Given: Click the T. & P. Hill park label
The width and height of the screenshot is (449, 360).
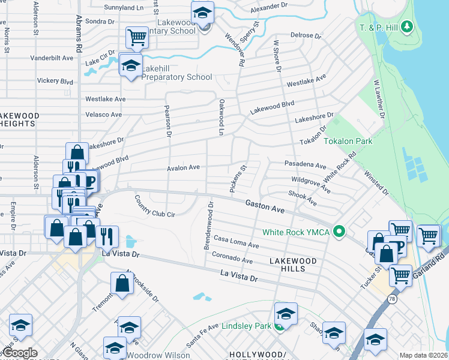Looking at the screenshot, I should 380,28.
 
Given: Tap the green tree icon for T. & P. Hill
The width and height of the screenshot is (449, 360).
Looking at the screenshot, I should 408,27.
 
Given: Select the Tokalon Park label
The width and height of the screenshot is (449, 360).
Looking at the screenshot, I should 348,142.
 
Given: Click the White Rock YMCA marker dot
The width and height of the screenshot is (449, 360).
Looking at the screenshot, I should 339,231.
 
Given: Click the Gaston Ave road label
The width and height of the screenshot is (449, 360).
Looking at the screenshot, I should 264,207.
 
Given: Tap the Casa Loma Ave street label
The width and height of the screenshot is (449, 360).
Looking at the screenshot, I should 236,242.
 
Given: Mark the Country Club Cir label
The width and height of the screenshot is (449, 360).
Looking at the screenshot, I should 154,206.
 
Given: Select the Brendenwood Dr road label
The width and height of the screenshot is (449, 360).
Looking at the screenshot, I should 208,227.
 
